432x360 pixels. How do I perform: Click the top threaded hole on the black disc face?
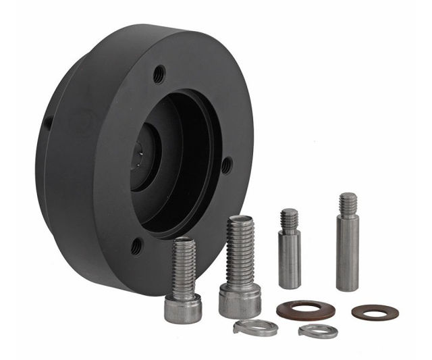[x=159, y=73]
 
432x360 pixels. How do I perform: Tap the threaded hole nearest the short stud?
[x=227, y=164]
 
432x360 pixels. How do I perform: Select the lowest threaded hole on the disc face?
[x=138, y=246]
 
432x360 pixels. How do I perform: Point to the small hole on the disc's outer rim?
[x=47, y=124]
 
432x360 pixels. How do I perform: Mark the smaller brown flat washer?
[x=375, y=312]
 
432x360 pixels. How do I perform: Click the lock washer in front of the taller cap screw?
[x=255, y=328]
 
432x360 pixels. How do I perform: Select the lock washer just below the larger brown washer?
[x=317, y=331]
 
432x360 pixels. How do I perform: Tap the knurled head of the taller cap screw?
[x=240, y=301]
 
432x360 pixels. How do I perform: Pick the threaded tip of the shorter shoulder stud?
[x=289, y=219]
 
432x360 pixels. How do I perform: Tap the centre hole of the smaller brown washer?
[x=375, y=312]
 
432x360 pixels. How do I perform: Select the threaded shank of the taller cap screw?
[x=240, y=250]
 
